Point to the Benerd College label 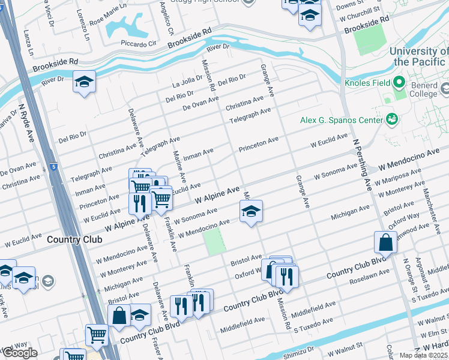(x=423, y=89)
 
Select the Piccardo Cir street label (x=139, y=43)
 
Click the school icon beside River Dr (x=84, y=82)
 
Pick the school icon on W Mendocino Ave (x=251, y=211)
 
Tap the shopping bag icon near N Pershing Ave (x=385, y=242)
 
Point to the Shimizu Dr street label (x=299, y=350)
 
